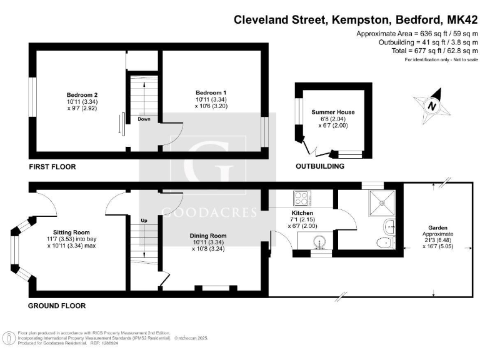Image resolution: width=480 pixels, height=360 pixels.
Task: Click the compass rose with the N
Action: [x=432, y=105]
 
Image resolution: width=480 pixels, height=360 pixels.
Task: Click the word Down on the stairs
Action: [x=144, y=119]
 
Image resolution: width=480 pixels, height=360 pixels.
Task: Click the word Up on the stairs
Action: [x=144, y=221]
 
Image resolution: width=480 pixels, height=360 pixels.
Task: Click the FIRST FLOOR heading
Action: [x=52, y=167]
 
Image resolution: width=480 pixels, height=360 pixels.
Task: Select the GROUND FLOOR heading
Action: [x=57, y=306]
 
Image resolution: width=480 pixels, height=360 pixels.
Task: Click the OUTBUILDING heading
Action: [x=320, y=167]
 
